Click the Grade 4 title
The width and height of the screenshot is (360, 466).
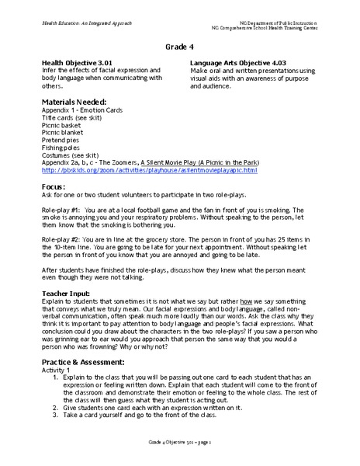[x=179, y=47]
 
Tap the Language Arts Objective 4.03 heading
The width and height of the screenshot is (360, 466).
[x=243, y=60]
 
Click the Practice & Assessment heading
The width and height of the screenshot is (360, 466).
[x=85, y=363]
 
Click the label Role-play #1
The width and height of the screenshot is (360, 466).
[x=64, y=210]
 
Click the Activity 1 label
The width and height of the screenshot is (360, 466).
[x=55, y=371]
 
